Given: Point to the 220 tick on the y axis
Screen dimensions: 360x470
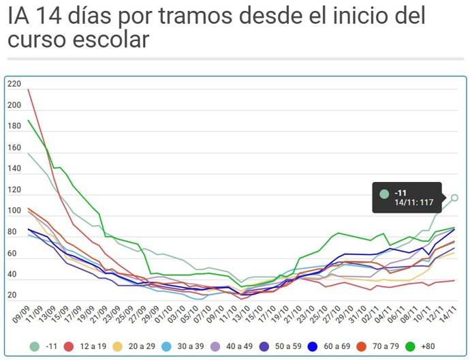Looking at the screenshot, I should (14, 84).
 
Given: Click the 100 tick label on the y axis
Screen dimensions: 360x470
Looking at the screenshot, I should (14, 211).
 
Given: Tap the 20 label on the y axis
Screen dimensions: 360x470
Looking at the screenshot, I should (13, 295).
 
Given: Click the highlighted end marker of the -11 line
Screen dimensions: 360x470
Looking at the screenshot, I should (454, 198).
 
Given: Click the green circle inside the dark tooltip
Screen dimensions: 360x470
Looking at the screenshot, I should (384, 193).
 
